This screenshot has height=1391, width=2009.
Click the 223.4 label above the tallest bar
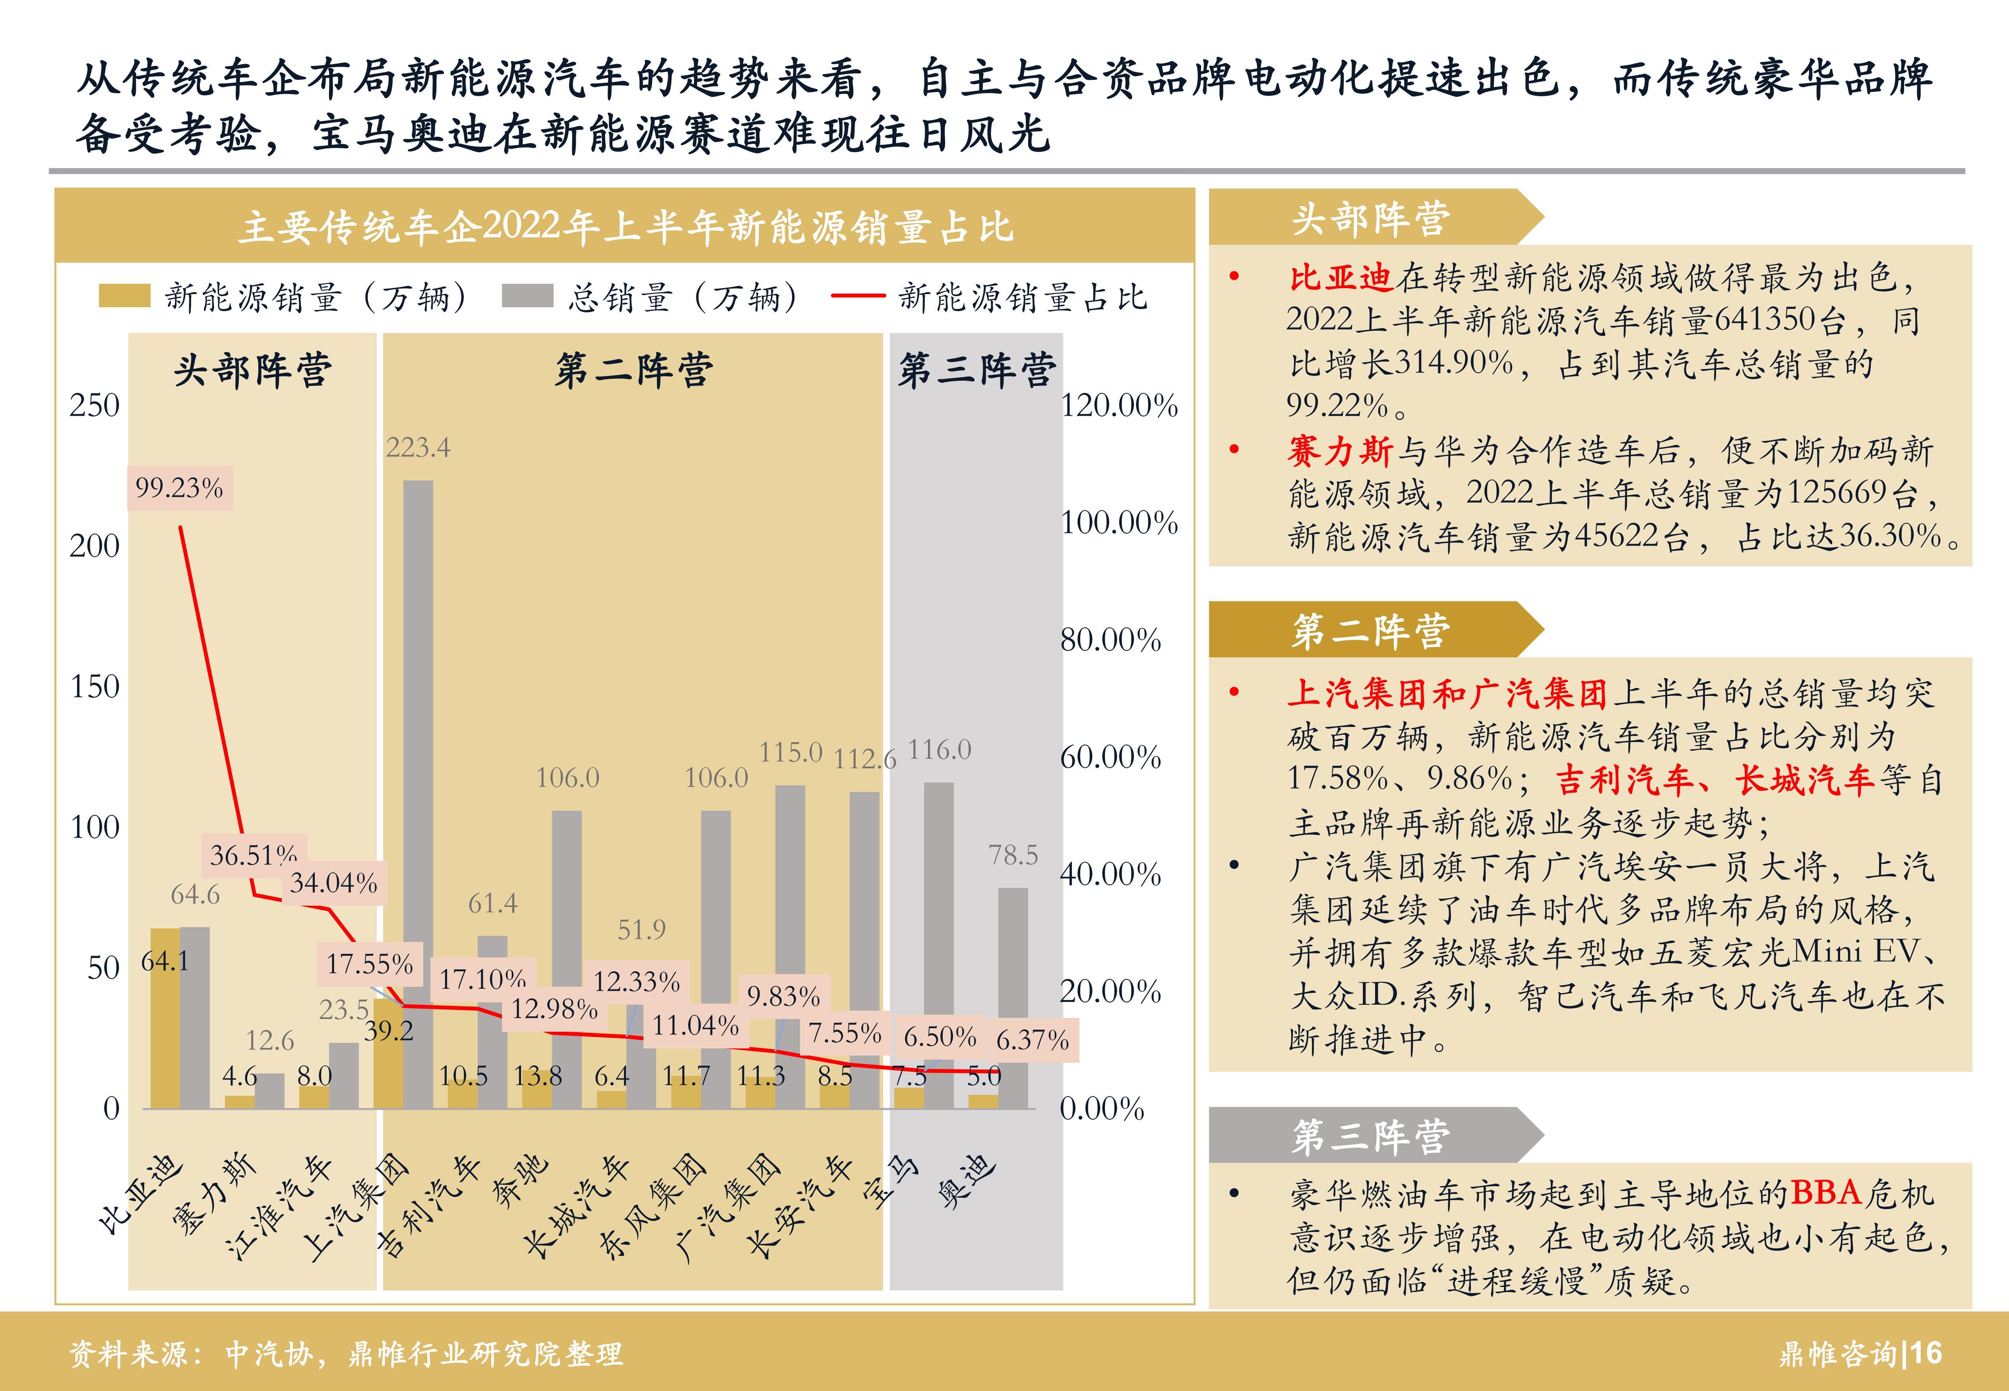pyautogui.click(x=418, y=448)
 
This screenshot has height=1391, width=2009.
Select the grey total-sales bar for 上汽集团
pyautogui.click(x=418, y=793)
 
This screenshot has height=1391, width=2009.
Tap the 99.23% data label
pyautogui.click(x=180, y=488)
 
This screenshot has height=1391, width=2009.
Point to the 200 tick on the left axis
pyautogui.click(x=94, y=546)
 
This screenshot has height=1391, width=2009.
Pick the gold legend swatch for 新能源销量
pyautogui.click(x=124, y=296)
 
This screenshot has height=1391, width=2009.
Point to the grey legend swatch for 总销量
pyautogui.click(x=527, y=296)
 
